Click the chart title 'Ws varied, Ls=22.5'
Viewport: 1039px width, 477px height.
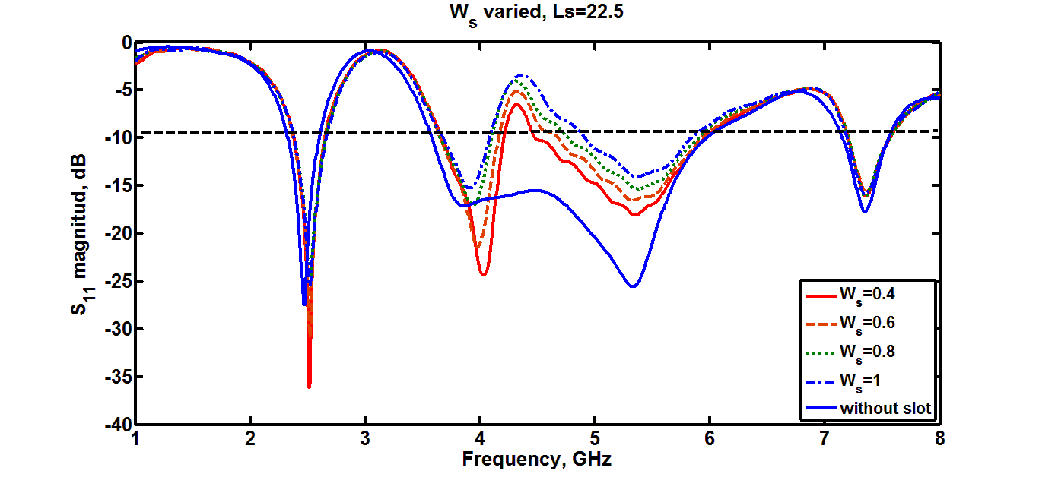coord(519,13)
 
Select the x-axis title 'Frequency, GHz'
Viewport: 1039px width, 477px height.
coord(537,459)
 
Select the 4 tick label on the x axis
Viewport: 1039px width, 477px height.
coord(480,440)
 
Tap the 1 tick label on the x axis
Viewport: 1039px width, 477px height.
coord(135,440)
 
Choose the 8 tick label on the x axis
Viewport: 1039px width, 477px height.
coord(939,440)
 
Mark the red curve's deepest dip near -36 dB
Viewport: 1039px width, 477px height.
coord(309,387)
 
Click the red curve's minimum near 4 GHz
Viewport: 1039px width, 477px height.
coord(483,273)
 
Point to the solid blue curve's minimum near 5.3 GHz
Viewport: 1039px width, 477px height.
coord(633,286)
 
